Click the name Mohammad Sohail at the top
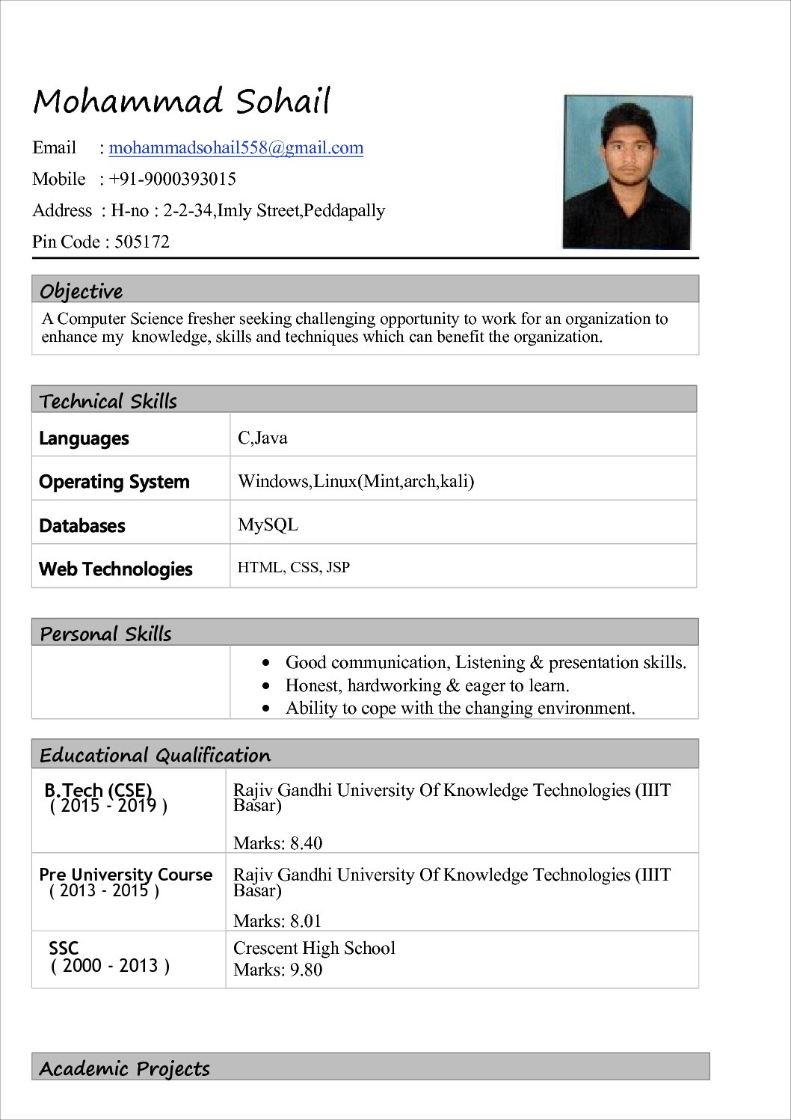point(182,102)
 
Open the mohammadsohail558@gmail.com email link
point(236,147)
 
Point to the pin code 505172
point(142,242)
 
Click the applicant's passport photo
point(627,172)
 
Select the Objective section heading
point(81,290)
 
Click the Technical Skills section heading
point(108,401)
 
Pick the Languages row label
point(84,438)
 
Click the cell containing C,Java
point(262,438)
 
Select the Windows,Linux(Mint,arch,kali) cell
point(356,481)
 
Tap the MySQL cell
point(268,524)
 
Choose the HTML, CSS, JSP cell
point(294,567)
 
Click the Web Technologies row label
point(116,569)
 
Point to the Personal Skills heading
point(105,634)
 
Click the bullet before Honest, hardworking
point(266,685)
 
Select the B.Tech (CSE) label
point(98,790)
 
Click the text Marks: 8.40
point(278,843)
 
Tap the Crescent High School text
point(314,948)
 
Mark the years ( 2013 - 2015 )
point(104,890)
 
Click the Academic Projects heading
point(124,1068)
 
